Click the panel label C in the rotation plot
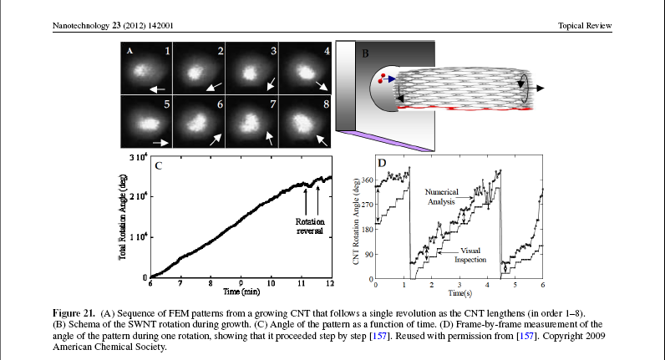pos(156,165)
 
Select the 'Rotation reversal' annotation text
pos(312,226)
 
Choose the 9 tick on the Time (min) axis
pos(241,285)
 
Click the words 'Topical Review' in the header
pos(586,27)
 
